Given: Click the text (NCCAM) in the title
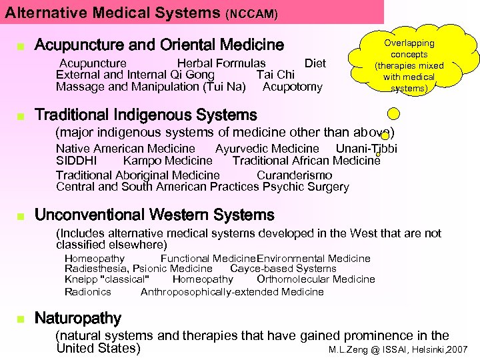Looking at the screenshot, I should tap(252, 13).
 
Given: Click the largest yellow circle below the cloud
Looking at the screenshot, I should tap(394, 113).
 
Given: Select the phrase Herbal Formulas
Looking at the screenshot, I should tap(221, 63).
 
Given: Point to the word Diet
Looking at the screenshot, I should tap(315, 63).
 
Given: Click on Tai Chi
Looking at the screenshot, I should tap(275, 75).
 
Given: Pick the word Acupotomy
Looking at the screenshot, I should tap(293, 87).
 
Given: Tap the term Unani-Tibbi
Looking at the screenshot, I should tap(366, 149).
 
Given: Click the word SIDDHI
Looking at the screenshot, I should tap(76, 161).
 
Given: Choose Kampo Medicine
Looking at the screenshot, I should tap(167, 161).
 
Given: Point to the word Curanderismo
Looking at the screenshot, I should tap(294, 175).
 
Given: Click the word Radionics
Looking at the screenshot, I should tap(88, 291).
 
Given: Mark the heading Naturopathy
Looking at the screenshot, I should tap(78, 318).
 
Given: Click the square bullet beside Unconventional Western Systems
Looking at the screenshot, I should tap(21, 216).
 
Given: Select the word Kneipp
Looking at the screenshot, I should tap(79, 279).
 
